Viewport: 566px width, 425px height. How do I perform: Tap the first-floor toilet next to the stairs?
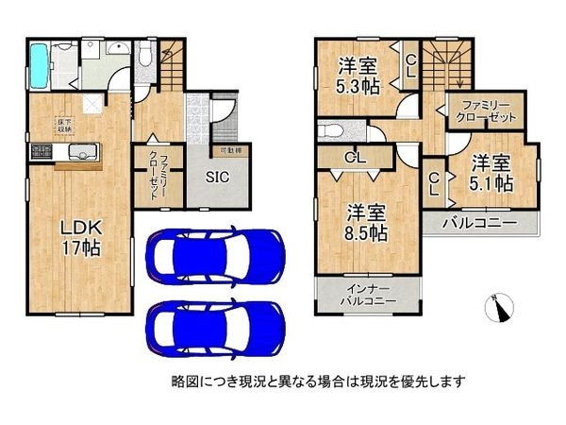(x=142, y=61)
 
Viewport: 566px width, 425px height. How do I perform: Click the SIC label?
(x=217, y=174)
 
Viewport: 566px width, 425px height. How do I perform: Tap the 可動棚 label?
(x=230, y=150)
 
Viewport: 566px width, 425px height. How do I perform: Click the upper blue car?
(x=215, y=255)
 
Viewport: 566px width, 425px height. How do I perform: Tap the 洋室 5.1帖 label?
(x=491, y=173)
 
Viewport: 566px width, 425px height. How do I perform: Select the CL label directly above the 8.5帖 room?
(x=355, y=158)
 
